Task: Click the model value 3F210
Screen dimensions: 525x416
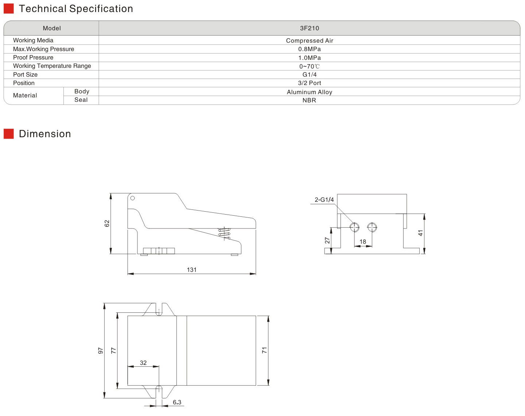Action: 309,28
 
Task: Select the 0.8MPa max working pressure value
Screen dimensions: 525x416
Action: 309,49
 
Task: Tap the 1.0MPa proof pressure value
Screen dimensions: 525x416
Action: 309,58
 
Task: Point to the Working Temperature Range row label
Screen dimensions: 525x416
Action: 52,66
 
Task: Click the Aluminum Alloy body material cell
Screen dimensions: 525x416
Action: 309,92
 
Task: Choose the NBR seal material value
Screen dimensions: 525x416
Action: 309,100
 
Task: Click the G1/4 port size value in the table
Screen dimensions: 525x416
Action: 309,74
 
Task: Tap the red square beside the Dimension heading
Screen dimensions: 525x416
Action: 9,134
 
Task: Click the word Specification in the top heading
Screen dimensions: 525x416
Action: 101,9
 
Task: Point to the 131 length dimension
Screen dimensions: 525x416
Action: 191,270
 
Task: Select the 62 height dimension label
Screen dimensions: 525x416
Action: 107,223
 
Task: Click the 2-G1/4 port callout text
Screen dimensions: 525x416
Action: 324,200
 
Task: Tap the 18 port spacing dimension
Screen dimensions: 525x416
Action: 363,242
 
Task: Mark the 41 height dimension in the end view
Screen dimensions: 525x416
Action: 420,233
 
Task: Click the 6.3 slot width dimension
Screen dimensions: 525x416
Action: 177,402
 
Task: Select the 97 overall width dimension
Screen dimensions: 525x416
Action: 101,351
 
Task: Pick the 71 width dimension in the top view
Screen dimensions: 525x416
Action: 264,350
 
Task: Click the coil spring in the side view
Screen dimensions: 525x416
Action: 224,233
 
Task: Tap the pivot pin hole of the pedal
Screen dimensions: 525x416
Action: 132,198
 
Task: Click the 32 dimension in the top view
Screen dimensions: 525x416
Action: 143,363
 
